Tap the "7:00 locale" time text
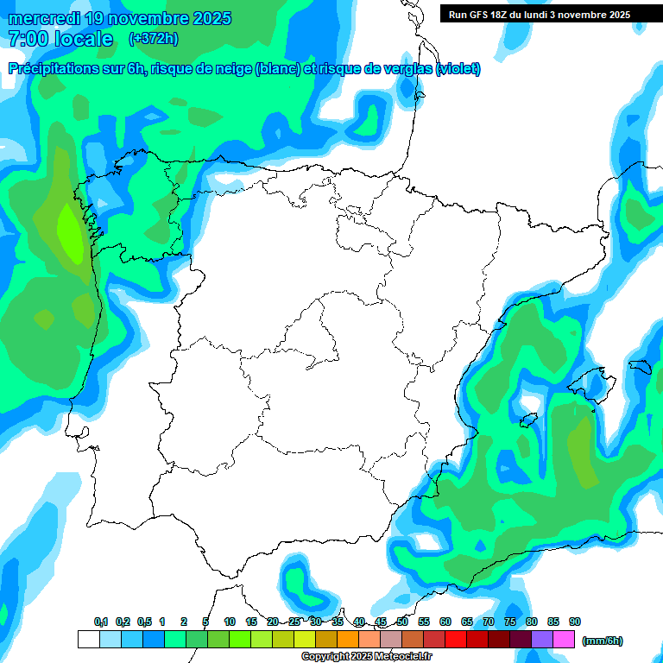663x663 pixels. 60,39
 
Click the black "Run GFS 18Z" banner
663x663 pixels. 540,15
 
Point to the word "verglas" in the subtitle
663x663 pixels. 401,69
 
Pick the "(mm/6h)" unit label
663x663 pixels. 603,641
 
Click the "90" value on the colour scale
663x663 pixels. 575,622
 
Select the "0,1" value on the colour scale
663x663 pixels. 101,622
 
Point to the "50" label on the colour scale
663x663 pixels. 402,622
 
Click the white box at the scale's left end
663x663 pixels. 88,640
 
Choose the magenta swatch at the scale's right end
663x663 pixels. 564,640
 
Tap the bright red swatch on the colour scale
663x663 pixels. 456,640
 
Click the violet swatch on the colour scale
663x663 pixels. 542,640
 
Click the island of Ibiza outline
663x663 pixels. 528,420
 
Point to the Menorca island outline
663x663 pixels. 639,367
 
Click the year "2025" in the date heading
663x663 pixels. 206,18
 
